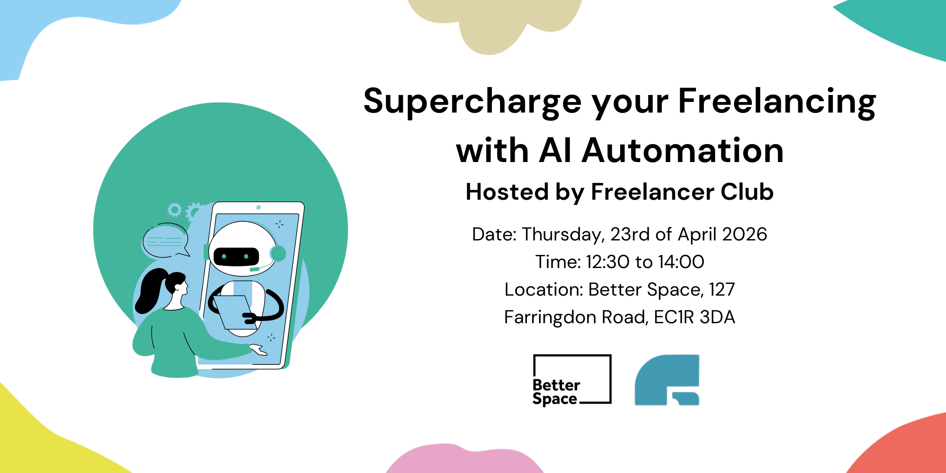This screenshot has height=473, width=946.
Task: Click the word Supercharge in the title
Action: (472, 102)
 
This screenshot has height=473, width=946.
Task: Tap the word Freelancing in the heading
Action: (777, 102)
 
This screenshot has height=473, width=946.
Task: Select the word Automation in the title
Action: (682, 151)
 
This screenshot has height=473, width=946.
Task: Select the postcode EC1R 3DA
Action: (694, 317)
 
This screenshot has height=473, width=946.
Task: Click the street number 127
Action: (722, 289)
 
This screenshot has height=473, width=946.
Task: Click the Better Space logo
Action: (572, 379)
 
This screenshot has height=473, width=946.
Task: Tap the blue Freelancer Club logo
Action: (667, 379)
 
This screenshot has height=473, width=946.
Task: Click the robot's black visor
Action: (236, 256)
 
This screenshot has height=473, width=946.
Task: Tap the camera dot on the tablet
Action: (258, 207)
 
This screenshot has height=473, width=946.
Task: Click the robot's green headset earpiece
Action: (278, 253)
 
